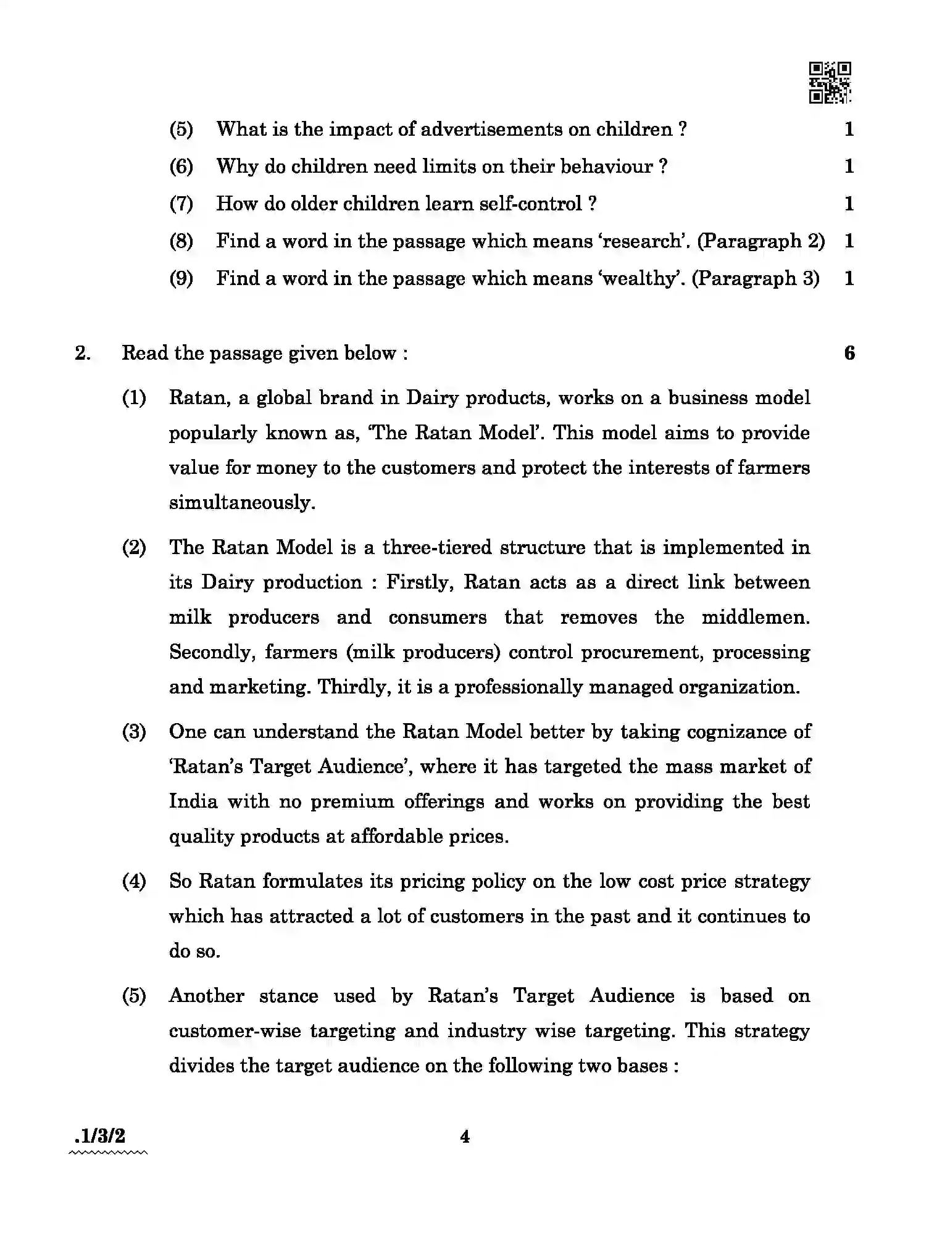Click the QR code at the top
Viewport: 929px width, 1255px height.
coord(830,82)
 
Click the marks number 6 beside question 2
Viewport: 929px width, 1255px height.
coord(849,354)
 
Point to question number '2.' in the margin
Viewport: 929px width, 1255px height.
coord(83,354)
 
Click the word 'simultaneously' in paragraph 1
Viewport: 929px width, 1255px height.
coord(241,503)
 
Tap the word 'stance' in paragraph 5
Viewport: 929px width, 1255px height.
coord(288,996)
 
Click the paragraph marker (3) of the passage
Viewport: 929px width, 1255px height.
coord(134,732)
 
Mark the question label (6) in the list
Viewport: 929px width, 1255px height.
coord(181,167)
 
